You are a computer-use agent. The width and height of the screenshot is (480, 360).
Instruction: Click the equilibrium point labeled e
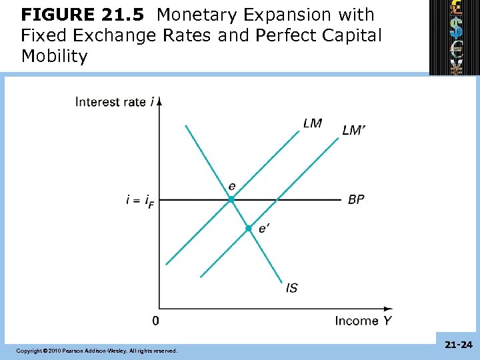(231, 199)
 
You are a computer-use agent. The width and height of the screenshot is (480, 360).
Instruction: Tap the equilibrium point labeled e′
(248, 228)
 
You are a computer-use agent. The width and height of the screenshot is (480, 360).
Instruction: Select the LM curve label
(312, 123)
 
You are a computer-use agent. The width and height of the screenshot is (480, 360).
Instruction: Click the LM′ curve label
(353, 130)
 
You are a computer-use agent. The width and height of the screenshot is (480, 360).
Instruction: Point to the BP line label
(356, 199)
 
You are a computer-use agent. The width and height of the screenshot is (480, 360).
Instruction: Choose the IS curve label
(291, 288)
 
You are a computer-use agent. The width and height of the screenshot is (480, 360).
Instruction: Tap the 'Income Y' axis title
(363, 321)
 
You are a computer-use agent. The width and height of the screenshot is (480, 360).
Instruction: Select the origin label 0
(155, 321)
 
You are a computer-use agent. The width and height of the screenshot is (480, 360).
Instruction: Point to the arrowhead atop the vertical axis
(160, 101)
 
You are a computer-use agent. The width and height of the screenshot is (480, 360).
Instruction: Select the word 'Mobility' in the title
(54, 56)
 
